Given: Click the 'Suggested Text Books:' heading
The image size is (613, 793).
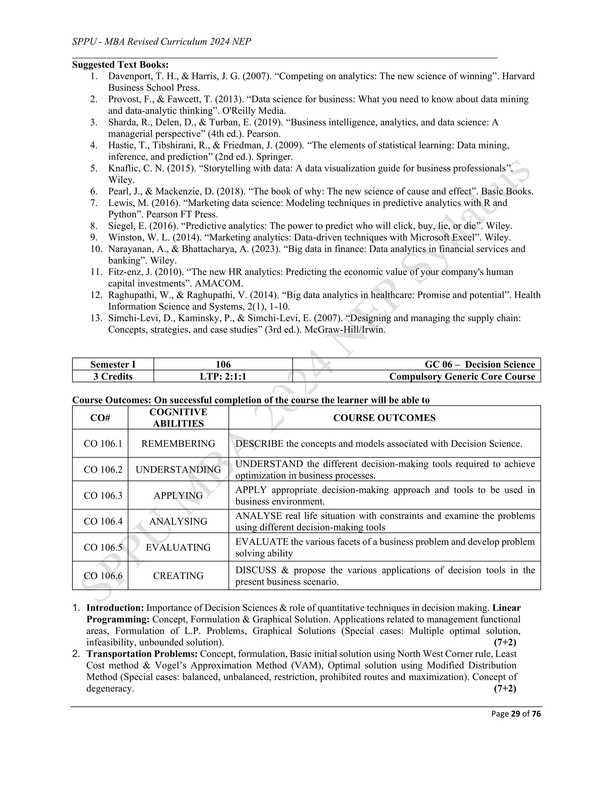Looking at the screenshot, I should tap(120, 65).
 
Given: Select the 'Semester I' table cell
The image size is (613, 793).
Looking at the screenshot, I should tap(113, 364).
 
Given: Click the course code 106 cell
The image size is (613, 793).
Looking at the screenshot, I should tap(223, 364).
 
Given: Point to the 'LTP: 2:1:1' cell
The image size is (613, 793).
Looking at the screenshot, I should tap(223, 376).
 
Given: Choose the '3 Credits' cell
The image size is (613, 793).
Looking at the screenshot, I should tap(113, 376).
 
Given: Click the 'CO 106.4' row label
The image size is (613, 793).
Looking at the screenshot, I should tap(103, 521).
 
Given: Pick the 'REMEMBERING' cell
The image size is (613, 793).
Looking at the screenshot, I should tap(178, 443).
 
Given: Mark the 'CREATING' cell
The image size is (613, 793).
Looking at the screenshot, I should tap(178, 575).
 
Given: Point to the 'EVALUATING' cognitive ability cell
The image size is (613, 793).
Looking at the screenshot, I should tap(178, 547).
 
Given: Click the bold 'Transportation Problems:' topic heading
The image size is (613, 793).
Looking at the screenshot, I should tap(142, 654).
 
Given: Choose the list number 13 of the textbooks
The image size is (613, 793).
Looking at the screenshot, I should tap(96, 318).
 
